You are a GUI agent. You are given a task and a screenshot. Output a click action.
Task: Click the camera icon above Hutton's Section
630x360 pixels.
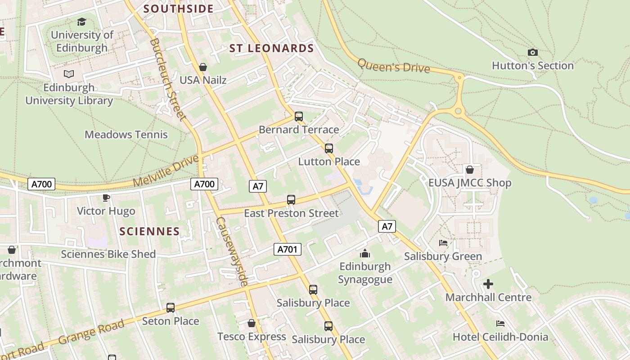[x=532, y=53]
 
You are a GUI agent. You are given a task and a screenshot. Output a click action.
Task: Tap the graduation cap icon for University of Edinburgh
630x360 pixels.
[x=81, y=22]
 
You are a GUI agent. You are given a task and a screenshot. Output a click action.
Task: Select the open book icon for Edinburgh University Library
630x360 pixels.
[x=69, y=74]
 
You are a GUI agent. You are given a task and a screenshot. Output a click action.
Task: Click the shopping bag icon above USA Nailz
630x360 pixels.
[x=203, y=67]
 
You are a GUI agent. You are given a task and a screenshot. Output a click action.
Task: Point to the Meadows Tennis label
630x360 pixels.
[x=126, y=135]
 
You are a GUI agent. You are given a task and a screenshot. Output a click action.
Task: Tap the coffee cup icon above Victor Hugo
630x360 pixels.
[x=106, y=198]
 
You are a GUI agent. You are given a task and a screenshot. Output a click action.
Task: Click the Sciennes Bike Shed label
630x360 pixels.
[x=108, y=254]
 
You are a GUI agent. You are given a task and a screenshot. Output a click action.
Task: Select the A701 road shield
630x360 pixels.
[x=288, y=249]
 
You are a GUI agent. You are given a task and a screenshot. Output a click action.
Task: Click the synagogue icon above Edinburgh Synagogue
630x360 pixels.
[x=365, y=253]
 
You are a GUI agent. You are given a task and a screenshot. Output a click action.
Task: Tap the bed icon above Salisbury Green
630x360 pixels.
[x=443, y=243]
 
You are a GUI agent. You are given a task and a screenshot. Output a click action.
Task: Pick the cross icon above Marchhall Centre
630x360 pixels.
[x=488, y=284]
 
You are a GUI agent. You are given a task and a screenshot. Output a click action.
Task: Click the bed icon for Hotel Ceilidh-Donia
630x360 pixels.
[x=500, y=324]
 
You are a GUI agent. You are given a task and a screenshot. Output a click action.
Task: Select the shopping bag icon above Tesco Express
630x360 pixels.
[x=252, y=323]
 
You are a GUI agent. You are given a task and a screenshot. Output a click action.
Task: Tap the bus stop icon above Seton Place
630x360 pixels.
[x=171, y=308]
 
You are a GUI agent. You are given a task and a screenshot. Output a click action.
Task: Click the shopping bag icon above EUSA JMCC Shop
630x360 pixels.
[x=470, y=170]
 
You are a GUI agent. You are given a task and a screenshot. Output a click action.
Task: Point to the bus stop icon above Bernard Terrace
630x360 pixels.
[x=299, y=117]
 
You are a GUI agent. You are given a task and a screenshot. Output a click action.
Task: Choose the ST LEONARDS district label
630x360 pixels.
[x=271, y=49]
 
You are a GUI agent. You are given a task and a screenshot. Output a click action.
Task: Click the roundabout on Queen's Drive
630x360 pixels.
[x=459, y=111]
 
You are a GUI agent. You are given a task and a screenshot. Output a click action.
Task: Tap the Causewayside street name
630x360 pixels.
[x=232, y=251]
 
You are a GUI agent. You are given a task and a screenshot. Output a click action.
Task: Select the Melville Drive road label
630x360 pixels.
[x=166, y=171]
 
